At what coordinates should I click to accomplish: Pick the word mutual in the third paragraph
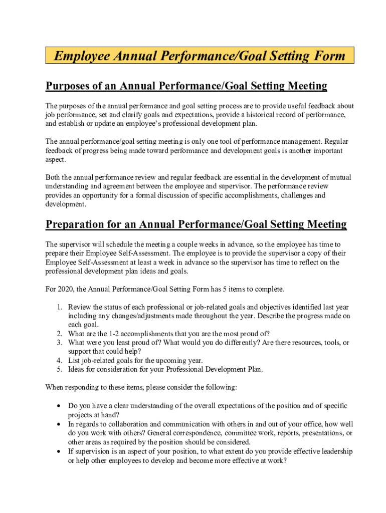coord(341,177)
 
